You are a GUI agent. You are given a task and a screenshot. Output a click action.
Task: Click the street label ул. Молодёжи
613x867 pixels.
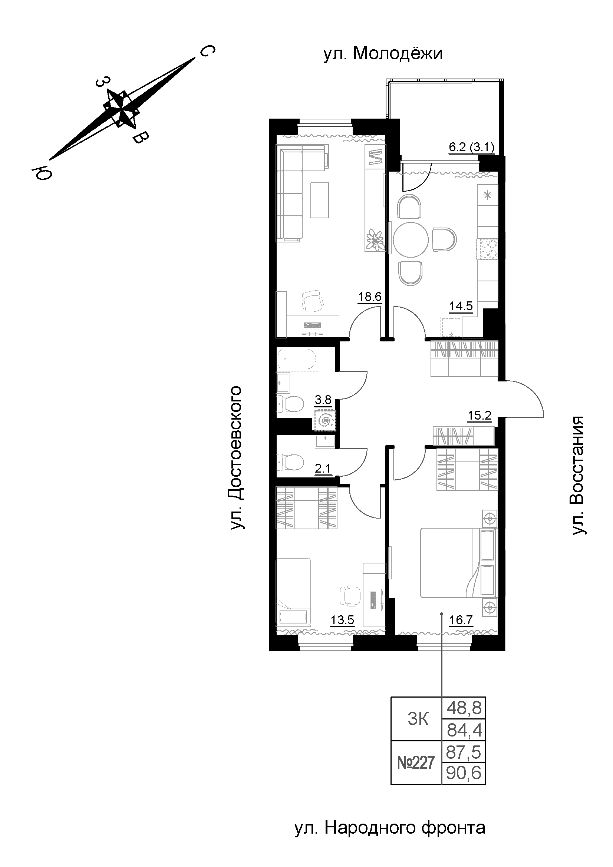click(x=383, y=54)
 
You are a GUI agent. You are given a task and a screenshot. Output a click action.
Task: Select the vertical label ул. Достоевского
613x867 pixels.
click(x=237, y=457)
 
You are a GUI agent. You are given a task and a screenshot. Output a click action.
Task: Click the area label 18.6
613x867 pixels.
click(x=370, y=297)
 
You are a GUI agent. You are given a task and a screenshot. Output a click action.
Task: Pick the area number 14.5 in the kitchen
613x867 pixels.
click(x=461, y=306)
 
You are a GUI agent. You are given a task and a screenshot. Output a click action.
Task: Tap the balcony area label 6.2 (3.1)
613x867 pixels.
click(x=471, y=148)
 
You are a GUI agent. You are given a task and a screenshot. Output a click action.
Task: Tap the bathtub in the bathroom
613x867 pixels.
click(x=298, y=359)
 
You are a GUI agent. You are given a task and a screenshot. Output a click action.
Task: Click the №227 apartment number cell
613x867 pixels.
click(x=416, y=764)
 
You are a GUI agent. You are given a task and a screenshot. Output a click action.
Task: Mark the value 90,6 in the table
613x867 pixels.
click(x=464, y=774)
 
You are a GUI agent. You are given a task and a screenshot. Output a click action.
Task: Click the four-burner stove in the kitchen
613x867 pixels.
click(x=488, y=249)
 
